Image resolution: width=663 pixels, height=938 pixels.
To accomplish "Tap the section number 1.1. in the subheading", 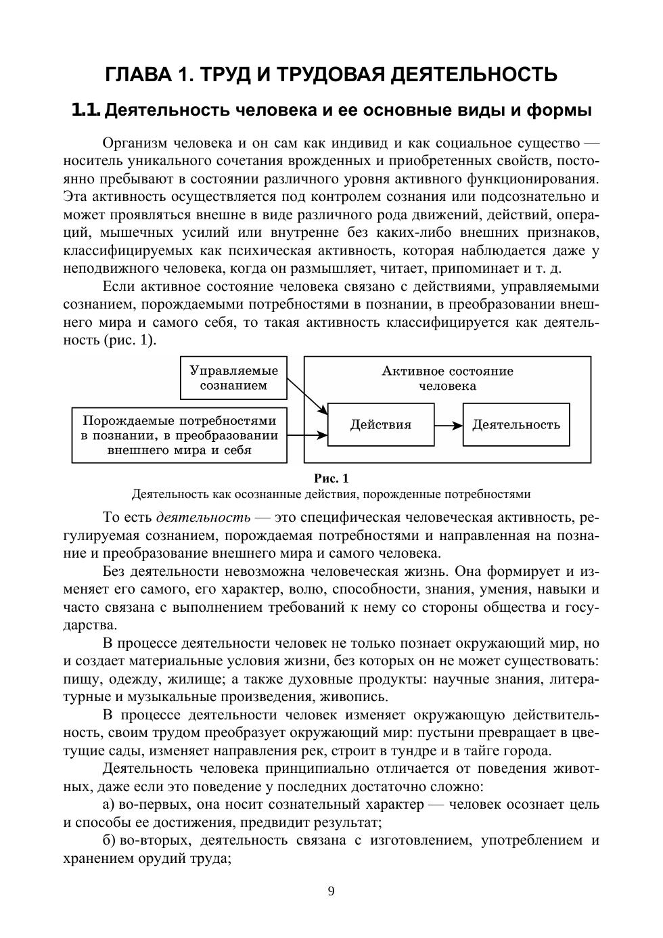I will (x=86, y=110).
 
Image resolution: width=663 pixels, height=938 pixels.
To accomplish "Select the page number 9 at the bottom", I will (x=331, y=891).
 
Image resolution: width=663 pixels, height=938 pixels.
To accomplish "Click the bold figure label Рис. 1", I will (x=331, y=478).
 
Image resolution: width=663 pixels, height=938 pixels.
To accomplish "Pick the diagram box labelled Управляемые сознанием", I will (x=233, y=378).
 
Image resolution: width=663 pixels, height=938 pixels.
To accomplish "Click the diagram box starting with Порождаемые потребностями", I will (x=179, y=435).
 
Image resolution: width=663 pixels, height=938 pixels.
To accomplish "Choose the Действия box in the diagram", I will (x=380, y=425).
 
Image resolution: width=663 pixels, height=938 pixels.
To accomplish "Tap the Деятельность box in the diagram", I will (x=516, y=425).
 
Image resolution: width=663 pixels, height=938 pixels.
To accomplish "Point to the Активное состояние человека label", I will (x=447, y=378).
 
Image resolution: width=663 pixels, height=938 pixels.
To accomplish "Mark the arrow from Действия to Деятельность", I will (x=449, y=425).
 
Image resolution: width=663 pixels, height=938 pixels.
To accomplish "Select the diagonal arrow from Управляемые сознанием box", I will (x=307, y=396).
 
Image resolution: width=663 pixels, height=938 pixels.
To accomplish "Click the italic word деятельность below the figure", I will (x=203, y=518).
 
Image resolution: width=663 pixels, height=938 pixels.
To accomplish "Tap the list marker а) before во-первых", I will (x=109, y=805).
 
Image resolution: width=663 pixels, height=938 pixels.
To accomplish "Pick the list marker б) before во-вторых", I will (x=109, y=841).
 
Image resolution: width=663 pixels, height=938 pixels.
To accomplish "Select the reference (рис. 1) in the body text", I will (x=130, y=340).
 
